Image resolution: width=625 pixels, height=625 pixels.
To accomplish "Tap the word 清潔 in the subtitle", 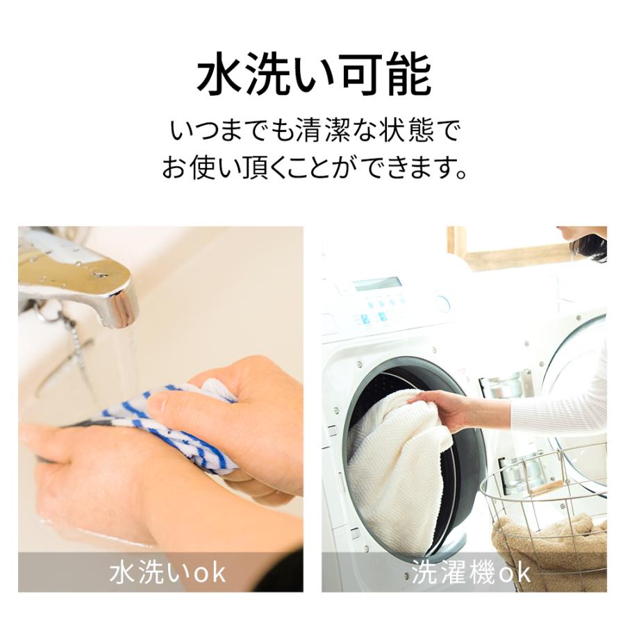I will coord(317,131).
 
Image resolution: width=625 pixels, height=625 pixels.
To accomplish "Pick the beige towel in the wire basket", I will coord(549,542).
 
